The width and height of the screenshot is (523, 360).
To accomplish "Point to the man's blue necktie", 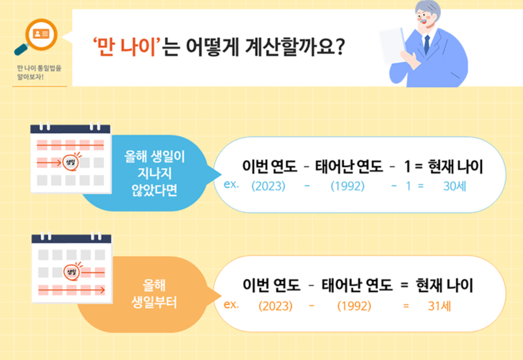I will click(x=427, y=44).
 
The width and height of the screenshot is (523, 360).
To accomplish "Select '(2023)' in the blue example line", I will click(x=268, y=186).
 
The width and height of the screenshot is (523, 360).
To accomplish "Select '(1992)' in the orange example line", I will click(x=354, y=306).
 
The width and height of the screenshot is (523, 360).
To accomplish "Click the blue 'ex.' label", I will click(x=231, y=185).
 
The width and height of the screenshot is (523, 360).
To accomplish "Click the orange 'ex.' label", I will click(x=231, y=305).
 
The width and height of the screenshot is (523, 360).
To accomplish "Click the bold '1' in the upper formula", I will click(x=407, y=167).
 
